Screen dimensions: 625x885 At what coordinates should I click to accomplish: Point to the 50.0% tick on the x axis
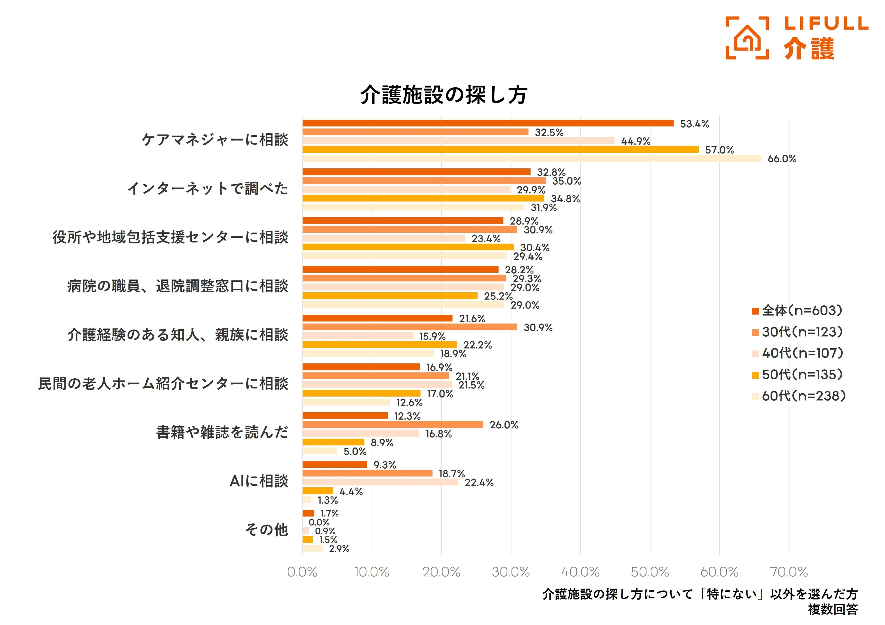(650, 572)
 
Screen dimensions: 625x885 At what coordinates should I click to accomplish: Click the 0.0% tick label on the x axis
(302, 572)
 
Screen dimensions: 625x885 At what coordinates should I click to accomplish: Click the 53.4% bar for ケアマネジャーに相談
(488, 123)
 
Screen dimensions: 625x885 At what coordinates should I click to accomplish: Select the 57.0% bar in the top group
(500, 150)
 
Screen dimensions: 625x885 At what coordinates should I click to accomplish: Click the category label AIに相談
(259, 481)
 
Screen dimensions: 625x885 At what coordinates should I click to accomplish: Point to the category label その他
(267, 530)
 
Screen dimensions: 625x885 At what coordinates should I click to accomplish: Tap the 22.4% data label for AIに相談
(479, 483)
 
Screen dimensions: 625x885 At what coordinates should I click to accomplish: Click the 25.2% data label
(498, 296)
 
